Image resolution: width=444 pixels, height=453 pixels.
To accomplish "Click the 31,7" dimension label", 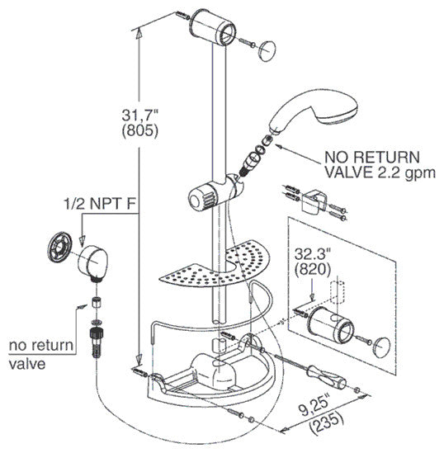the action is pyautogui.click(x=140, y=116).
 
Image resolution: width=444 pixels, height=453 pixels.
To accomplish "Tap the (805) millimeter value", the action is pyautogui.click(x=140, y=131).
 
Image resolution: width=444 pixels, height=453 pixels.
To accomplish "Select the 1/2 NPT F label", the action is pyautogui.click(x=99, y=204).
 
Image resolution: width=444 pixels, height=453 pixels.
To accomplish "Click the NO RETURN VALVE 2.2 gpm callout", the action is pyautogui.click(x=380, y=164).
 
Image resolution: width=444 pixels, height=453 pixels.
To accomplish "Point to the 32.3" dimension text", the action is pyautogui.click(x=313, y=254).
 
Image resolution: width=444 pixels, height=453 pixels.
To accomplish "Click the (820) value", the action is pyautogui.click(x=313, y=269).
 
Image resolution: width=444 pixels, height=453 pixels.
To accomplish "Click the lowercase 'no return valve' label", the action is pyautogui.click(x=41, y=354).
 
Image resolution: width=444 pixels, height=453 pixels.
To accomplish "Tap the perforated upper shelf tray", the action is pyautogui.click(x=215, y=265).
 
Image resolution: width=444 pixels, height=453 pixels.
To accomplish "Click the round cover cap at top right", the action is pyautogui.click(x=267, y=50).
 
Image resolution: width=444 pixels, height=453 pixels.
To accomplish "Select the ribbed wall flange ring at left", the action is pyautogui.click(x=59, y=247).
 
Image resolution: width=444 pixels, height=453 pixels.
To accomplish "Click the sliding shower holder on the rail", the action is pyautogui.click(x=216, y=191).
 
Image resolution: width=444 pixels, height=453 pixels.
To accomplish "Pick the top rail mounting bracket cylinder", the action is pyautogui.click(x=212, y=27).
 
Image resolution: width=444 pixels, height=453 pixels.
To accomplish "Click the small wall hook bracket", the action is pyautogui.click(x=314, y=202).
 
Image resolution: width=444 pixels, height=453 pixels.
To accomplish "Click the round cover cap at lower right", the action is pyautogui.click(x=381, y=347).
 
